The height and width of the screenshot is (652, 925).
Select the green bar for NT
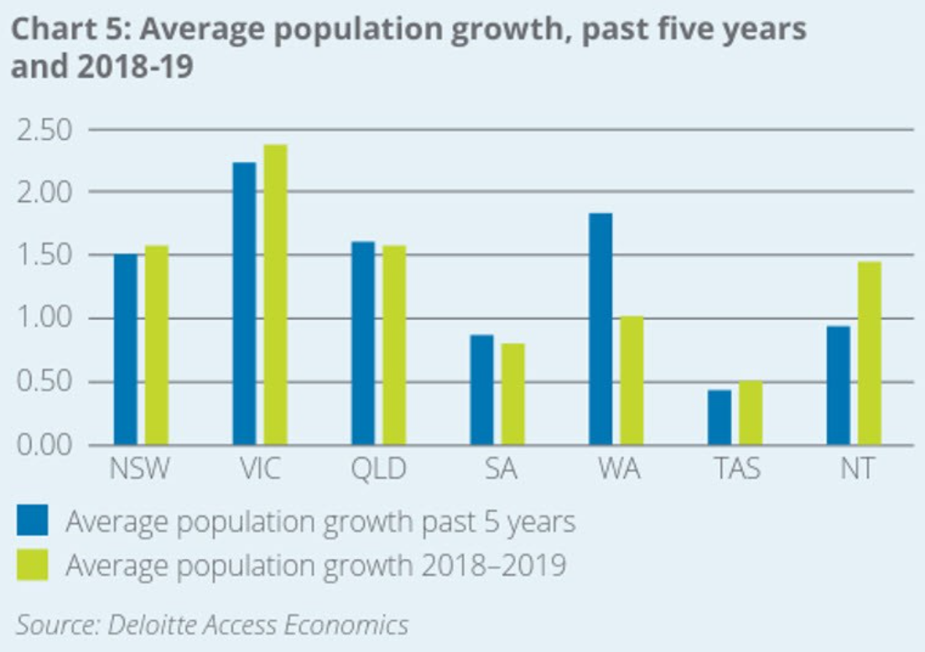pyautogui.click(x=870, y=353)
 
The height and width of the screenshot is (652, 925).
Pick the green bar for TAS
pyautogui.click(x=751, y=413)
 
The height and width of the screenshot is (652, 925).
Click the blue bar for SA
pyautogui.click(x=481, y=390)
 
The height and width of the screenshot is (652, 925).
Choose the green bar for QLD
pyautogui.click(x=393, y=344)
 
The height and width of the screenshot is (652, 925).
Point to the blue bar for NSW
pyautogui.click(x=126, y=349)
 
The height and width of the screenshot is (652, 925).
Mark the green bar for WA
pyautogui.click(x=631, y=380)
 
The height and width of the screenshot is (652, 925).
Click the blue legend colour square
pyautogui.click(x=34, y=521)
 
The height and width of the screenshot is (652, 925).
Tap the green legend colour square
pyautogui.click(x=34, y=564)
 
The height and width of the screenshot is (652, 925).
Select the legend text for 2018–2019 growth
pyautogui.click(x=315, y=565)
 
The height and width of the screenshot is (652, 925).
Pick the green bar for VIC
pyautogui.click(x=275, y=294)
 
